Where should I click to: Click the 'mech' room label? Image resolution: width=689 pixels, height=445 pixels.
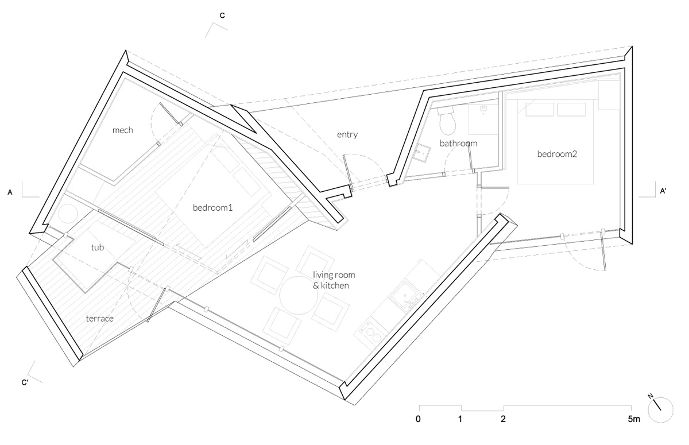coord(123,130)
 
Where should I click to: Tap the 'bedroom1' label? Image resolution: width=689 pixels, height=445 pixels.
coord(212,208)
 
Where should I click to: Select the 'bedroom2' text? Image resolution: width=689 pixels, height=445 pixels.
coord(556,154)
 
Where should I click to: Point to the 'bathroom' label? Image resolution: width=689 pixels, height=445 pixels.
coord(458,142)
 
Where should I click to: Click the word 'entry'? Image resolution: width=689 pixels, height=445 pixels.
coord(347,135)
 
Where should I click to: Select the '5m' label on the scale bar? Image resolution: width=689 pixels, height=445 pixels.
coord(633,419)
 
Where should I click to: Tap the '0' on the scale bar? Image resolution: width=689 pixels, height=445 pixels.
coord(419,419)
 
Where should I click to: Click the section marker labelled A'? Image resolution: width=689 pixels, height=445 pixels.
coord(663,192)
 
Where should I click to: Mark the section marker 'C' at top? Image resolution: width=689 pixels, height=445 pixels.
coord(222,16)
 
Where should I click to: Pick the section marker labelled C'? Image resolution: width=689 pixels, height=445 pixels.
coord(25,382)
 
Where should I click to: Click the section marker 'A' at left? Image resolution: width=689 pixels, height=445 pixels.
coord(10,192)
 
